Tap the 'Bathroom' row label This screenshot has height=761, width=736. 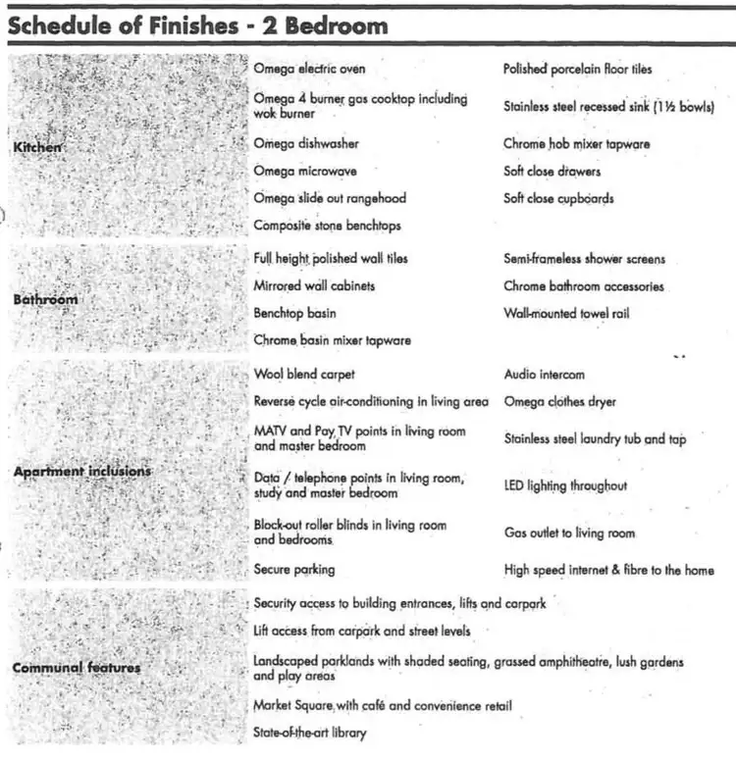[x=45, y=298]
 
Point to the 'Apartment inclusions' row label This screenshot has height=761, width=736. [x=82, y=471]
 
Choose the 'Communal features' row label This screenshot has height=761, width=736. [x=77, y=668]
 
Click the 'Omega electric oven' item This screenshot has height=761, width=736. [x=308, y=69]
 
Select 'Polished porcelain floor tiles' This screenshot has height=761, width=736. [x=577, y=70]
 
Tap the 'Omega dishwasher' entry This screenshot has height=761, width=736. [x=306, y=143]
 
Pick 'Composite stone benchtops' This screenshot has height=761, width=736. [x=327, y=225]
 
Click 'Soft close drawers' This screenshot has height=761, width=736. [x=552, y=171]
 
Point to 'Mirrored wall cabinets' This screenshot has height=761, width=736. [x=314, y=285]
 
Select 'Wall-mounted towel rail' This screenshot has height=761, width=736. [x=566, y=314]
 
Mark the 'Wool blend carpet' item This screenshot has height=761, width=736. [x=304, y=374]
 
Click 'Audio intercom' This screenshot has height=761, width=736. [x=544, y=374]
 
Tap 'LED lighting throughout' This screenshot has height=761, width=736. [x=565, y=485]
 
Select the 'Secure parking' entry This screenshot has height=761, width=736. [x=294, y=569]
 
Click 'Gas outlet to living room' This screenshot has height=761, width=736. [x=569, y=533]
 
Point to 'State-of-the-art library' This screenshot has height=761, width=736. [x=310, y=733]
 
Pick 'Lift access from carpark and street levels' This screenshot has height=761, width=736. [x=362, y=631]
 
